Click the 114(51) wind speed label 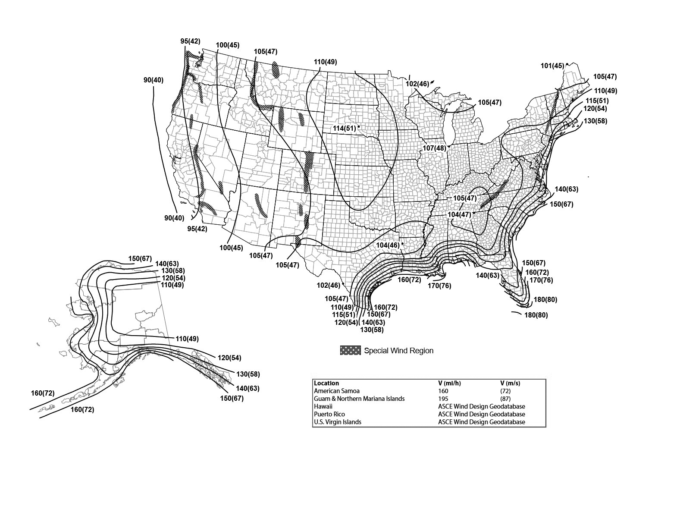(x=344, y=128)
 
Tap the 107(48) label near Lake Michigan (x=434, y=148)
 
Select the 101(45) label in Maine (x=552, y=66)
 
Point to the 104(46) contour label (x=388, y=245)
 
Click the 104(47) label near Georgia (x=459, y=214)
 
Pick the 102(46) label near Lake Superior (x=417, y=84)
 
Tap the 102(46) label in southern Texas (x=329, y=285)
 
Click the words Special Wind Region (x=398, y=351)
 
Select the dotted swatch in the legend (x=350, y=351)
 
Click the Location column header (x=326, y=383)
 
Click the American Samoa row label (x=337, y=391)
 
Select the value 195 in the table (x=443, y=399)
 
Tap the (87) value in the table (x=505, y=399)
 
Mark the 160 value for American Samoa (x=443, y=391)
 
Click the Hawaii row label (x=323, y=406)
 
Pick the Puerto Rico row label (x=329, y=414)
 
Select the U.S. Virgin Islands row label (x=338, y=422)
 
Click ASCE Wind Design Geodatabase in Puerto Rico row (x=481, y=414)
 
